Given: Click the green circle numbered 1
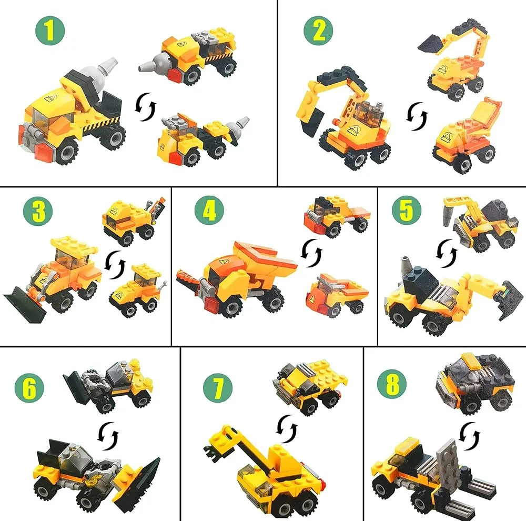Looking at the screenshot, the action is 50,31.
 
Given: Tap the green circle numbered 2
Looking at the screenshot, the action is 318,31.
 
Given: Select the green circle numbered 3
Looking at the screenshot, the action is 38,211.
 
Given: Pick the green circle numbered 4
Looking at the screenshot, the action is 209,211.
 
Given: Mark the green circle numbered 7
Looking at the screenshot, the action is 218,387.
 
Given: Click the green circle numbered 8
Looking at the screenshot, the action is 392,384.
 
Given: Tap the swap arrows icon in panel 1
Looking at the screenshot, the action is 146,107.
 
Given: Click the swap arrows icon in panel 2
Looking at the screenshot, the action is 417,116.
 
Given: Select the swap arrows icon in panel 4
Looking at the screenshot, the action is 311,253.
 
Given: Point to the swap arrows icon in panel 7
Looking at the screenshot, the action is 287,429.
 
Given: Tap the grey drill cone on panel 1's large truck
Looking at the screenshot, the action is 100,69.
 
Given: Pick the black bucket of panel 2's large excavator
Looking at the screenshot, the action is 312,123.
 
